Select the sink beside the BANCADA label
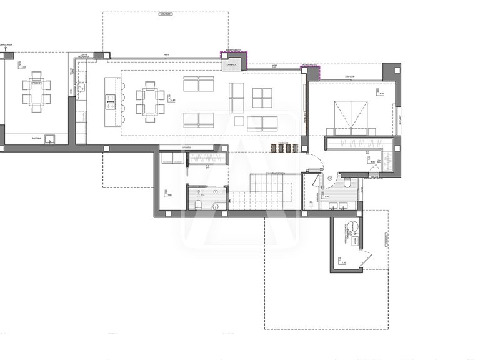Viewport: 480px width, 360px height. point(48,141)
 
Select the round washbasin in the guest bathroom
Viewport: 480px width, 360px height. point(215,204)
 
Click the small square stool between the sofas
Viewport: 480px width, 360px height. point(239,120)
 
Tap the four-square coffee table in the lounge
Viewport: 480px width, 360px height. point(262,97)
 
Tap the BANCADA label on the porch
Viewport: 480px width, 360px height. point(36,137)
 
